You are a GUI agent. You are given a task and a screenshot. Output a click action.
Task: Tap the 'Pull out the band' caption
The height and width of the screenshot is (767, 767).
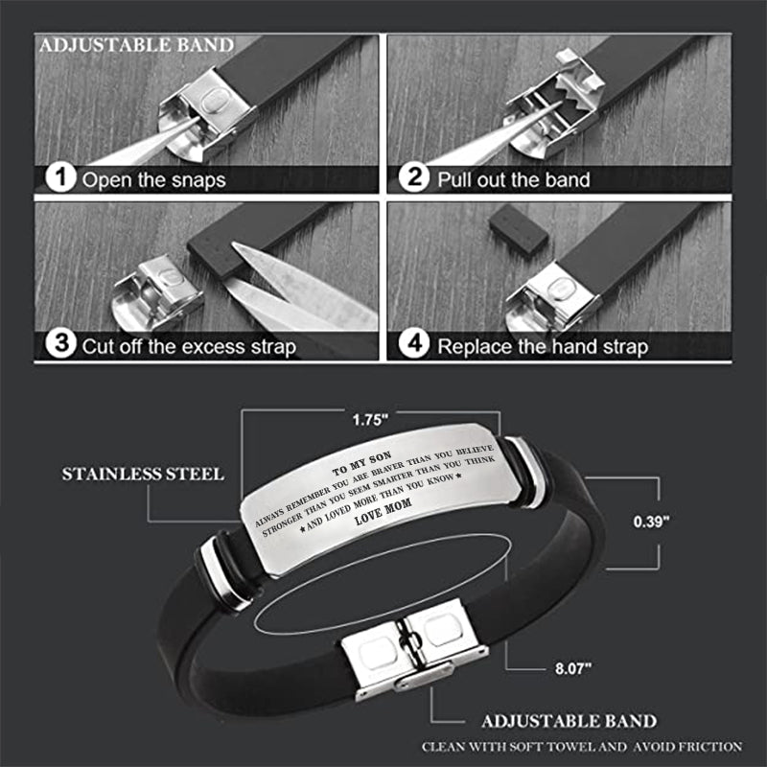514,179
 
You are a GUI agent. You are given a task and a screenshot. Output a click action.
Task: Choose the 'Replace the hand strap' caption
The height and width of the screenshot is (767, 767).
543,346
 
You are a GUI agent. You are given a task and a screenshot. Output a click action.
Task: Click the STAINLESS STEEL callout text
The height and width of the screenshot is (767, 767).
144,474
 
